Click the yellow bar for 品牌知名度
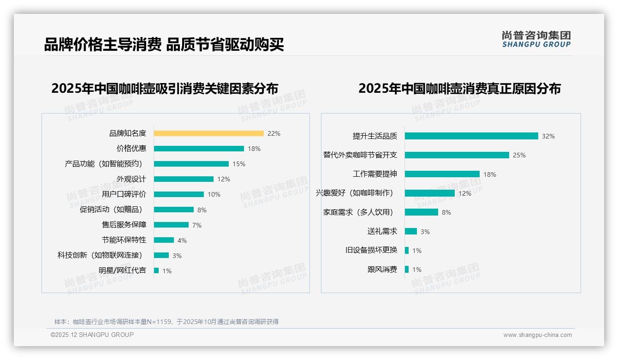point(208,133)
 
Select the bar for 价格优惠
point(199,149)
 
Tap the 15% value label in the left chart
point(239,164)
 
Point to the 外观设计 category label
point(131,179)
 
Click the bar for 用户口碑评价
point(179,194)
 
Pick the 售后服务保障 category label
point(124,225)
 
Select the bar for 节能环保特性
point(164,240)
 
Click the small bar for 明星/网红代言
point(156,270)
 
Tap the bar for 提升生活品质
point(471,136)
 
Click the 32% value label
point(548,136)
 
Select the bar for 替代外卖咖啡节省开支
point(457,155)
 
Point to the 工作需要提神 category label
point(374,174)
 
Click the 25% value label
point(519,155)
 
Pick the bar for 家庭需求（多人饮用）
point(422,212)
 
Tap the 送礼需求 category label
point(382,231)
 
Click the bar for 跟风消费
point(407,270)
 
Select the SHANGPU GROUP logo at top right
point(536,39)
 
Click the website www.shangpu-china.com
point(537,335)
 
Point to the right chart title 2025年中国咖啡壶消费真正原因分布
point(459,89)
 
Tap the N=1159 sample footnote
point(166,322)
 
